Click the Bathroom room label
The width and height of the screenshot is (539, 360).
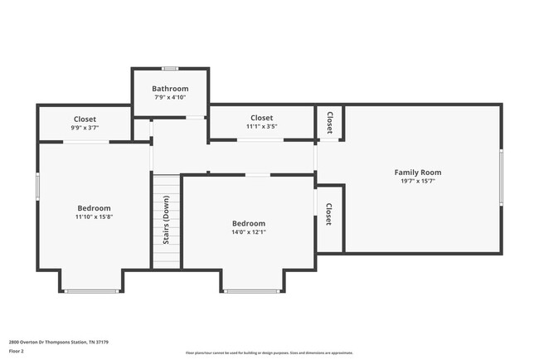(170, 89)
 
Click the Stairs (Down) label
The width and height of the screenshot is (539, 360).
(166, 221)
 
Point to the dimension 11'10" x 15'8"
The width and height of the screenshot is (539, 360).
(94, 216)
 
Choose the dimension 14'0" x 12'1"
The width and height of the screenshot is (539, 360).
(248, 232)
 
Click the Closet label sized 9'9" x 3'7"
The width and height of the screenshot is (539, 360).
(85, 119)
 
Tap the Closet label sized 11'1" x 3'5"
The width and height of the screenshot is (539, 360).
(261, 118)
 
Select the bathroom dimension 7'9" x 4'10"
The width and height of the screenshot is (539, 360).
(170, 98)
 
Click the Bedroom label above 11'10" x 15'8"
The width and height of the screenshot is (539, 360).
(94, 208)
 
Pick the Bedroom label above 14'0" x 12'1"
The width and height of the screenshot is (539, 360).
(248, 223)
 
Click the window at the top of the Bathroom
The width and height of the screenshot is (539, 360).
(170, 68)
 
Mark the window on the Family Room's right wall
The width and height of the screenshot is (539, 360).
(501, 177)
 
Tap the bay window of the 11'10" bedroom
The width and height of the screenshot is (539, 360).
(91, 291)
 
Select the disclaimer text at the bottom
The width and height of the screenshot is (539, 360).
(269, 353)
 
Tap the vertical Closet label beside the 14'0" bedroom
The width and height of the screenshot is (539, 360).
(329, 215)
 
